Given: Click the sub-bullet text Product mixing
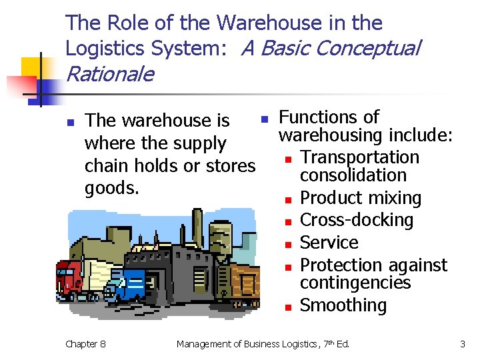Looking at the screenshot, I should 361,198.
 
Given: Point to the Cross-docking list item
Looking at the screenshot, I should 357,220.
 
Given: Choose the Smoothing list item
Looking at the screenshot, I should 343,305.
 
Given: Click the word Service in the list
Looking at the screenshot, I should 329,243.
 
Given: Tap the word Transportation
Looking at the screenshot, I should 359,157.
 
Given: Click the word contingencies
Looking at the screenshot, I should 355,283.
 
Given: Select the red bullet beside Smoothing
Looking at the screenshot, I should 287,307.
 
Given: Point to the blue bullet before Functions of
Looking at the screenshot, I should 264,119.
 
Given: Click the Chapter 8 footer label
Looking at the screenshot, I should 85,344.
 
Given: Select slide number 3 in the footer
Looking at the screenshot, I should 462,344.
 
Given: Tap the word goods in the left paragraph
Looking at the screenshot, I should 112,188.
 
